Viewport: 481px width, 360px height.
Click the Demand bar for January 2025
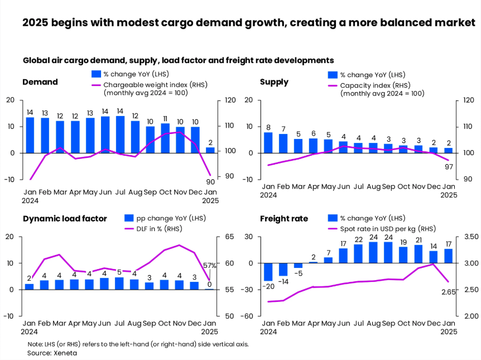(210, 150)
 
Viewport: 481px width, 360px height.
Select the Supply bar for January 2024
(268, 142)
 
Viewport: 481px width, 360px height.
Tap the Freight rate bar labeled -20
(268, 272)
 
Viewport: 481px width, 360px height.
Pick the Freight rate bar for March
(298, 266)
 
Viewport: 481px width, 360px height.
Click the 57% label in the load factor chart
(210, 265)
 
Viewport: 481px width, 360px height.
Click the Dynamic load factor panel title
(65, 218)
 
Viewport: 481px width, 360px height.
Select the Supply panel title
(274, 82)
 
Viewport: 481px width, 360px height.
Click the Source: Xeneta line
(52, 353)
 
